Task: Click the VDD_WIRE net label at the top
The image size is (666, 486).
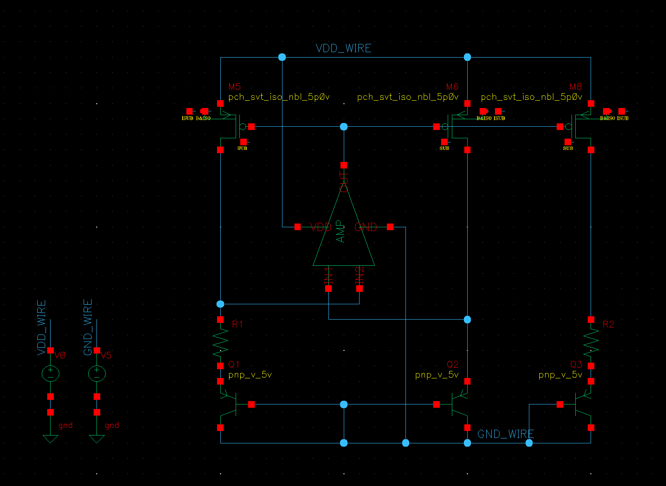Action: click(x=343, y=48)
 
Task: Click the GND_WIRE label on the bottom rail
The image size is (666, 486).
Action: click(x=505, y=434)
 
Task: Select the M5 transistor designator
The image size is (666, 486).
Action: click(x=234, y=87)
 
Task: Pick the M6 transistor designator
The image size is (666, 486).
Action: click(x=452, y=87)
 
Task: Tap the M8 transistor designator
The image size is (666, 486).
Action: click(x=575, y=87)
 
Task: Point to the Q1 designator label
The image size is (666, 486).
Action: click(x=234, y=364)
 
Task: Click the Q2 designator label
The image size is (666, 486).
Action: click(x=452, y=364)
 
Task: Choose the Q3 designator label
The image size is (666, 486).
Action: click(x=576, y=364)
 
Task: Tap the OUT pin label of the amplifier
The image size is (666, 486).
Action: click(x=344, y=182)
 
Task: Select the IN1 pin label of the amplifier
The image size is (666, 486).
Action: click(x=328, y=275)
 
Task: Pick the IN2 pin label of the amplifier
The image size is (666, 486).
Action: click(x=360, y=275)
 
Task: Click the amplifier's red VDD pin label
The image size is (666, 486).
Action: click(x=321, y=227)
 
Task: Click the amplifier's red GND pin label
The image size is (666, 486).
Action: click(x=366, y=227)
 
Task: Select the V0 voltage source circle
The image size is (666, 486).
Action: click(x=51, y=374)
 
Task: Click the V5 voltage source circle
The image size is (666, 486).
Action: click(x=97, y=374)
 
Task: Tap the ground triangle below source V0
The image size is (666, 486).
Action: click(x=51, y=439)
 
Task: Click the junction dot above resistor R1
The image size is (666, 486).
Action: click(x=220, y=304)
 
